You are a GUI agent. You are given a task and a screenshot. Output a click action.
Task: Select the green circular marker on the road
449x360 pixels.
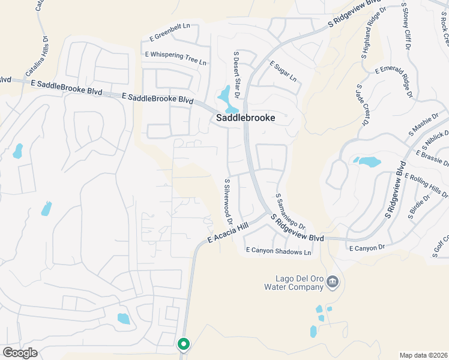(x=184, y=344)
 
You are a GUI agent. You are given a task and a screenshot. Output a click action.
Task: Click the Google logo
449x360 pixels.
(x=20, y=353)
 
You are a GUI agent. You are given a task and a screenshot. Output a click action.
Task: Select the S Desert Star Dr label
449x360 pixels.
(x=237, y=75)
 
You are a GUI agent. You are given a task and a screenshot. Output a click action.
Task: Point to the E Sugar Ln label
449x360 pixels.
(x=283, y=71)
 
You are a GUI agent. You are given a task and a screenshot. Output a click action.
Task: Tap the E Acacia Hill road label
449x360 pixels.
(x=229, y=231)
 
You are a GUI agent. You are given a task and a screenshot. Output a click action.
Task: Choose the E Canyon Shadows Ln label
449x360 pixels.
(x=279, y=251)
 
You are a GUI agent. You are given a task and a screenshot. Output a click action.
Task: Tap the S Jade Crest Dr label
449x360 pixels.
(x=361, y=106)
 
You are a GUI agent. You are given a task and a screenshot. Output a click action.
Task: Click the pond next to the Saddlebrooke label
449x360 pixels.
(x=225, y=95)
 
